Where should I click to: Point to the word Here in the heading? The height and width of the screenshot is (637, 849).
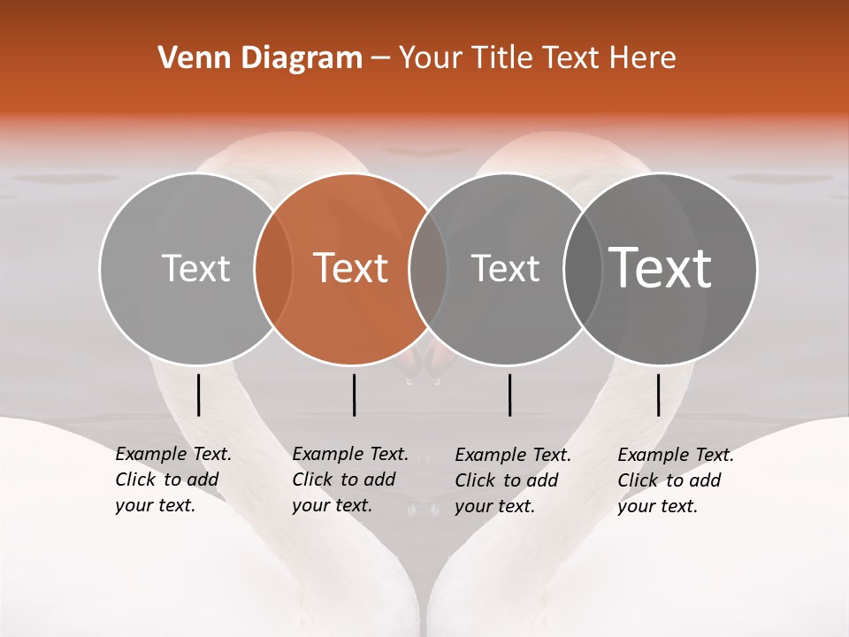643,58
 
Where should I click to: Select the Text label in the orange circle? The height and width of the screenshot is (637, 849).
351,268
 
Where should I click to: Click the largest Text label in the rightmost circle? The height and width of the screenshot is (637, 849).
661,268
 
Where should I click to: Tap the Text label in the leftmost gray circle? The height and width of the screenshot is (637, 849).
195,268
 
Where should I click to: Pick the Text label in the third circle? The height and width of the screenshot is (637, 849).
505,268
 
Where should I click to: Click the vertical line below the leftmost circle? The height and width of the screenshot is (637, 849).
199,395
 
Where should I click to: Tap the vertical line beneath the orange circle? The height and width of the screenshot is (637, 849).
354,395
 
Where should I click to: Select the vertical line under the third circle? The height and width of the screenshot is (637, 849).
510,395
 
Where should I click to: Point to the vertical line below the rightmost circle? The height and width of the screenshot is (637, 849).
659,395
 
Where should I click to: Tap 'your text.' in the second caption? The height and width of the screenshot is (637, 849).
332,506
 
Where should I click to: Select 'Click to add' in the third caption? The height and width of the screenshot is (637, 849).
507,480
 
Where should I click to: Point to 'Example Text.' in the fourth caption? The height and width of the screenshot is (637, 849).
676,455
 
